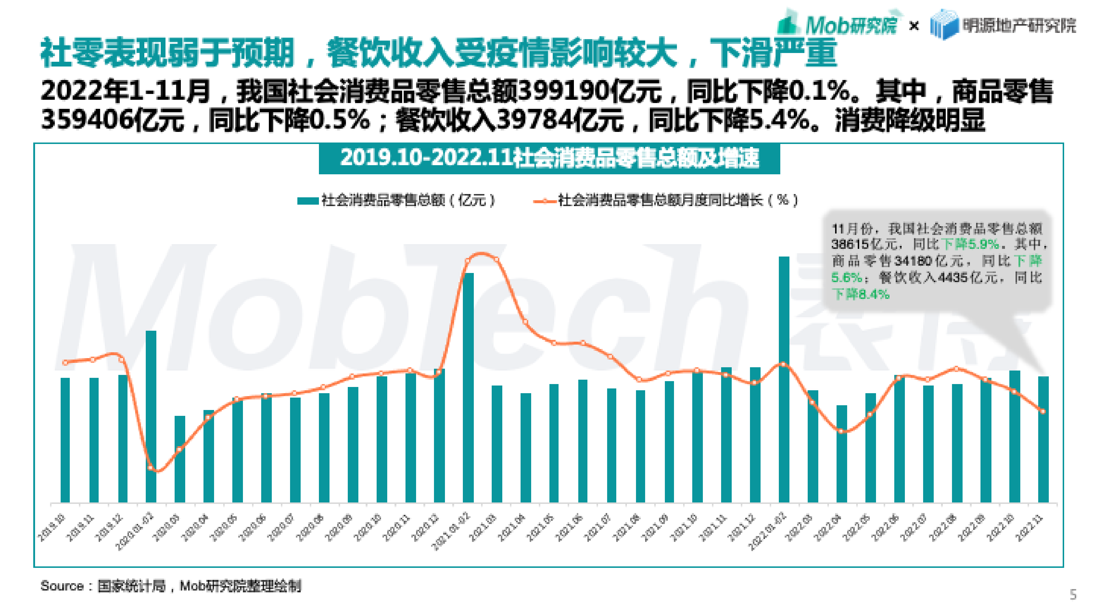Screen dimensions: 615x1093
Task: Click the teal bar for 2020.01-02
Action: (151, 416)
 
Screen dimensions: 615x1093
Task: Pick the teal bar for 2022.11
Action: (1043, 439)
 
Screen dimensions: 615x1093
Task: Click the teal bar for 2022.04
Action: (841, 454)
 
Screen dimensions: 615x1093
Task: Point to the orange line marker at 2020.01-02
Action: (151, 468)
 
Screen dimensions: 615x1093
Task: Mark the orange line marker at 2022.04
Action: (841, 431)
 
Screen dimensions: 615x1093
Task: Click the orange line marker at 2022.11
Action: (1043, 411)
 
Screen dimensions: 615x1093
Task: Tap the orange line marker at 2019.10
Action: (65, 362)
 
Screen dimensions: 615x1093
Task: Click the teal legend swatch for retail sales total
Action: (308, 201)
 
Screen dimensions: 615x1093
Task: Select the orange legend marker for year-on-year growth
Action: (544, 201)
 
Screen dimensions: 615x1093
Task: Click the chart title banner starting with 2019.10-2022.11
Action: (549, 158)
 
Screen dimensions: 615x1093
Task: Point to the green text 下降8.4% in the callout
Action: (861, 294)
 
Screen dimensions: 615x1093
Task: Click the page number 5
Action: (1073, 594)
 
